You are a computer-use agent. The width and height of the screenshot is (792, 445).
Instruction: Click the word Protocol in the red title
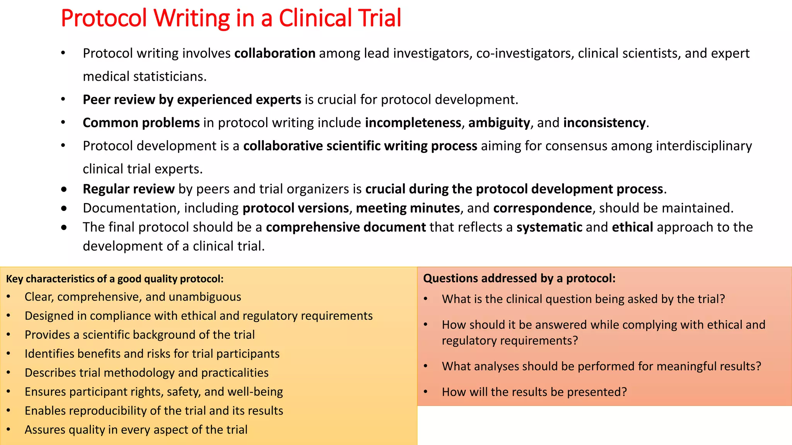[x=104, y=18]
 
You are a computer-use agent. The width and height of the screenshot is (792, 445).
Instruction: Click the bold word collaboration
[x=275, y=53]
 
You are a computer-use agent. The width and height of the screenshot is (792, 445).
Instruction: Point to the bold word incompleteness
[x=413, y=123]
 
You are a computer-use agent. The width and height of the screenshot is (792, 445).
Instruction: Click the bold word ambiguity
[x=499, y=123]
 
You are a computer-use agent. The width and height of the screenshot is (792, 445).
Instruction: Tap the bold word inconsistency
[x=604, y=123]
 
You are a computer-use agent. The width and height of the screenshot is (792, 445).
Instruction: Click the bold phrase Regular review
[x=128, y=189]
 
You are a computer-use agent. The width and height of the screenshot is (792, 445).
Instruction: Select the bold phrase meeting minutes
[x=408, y=208]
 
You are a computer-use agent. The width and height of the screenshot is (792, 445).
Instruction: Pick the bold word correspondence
[x=542, y=208]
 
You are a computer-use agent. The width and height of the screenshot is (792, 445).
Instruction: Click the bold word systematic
[x=549, y=227]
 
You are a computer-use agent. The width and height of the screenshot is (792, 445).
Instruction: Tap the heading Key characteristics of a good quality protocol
[x=114, y=279]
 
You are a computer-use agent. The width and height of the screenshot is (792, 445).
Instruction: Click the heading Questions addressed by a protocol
[x=519, y=279]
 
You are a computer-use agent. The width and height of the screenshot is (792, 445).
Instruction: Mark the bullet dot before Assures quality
[x=9, y=430]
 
